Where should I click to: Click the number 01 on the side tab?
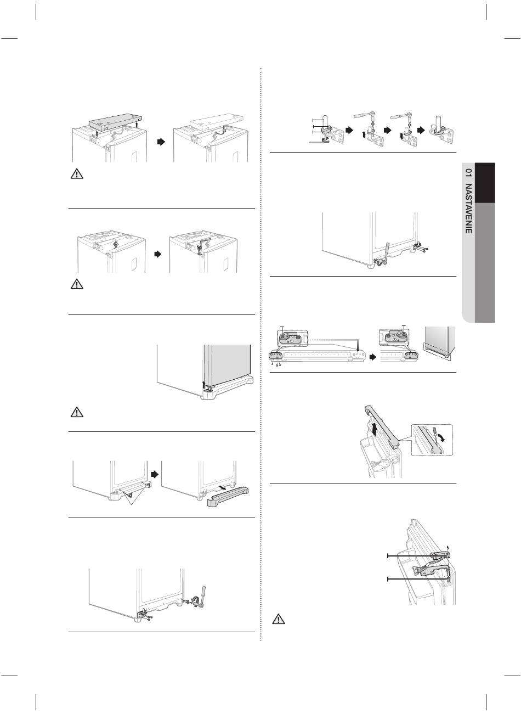click(468, 173)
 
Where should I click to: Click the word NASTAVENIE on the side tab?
click(468, 208)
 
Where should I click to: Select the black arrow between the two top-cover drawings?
click(161, 142)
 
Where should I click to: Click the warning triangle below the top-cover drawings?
click(77, 174)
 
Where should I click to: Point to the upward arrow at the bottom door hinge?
click(204, 383)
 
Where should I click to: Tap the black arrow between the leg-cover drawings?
click(155, 475)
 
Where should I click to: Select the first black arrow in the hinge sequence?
click(349, 131)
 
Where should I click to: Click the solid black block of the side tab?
click(485, 183)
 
